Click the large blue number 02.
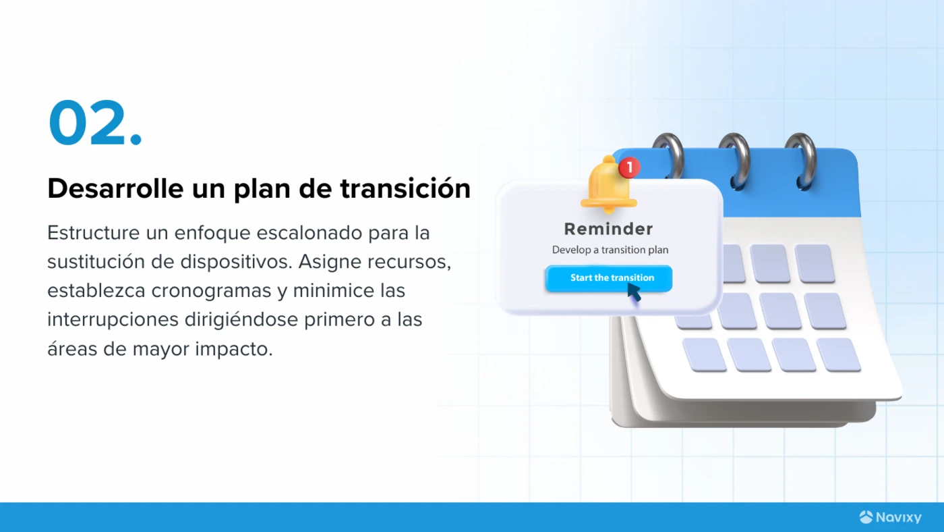coord(95,122)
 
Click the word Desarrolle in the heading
coord(115,188)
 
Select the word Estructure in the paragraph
coord(93,232)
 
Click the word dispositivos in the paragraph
coord(236,262)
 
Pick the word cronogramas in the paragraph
coord(211,291)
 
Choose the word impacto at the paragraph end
coord(234,349)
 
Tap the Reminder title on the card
coord(608,229)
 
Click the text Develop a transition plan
coord(610,250)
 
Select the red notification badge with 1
coord(630,167)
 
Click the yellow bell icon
coord(608,185)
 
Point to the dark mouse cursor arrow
coord(634,292)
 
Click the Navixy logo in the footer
coord(890,517)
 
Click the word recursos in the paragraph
coord(409,262)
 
